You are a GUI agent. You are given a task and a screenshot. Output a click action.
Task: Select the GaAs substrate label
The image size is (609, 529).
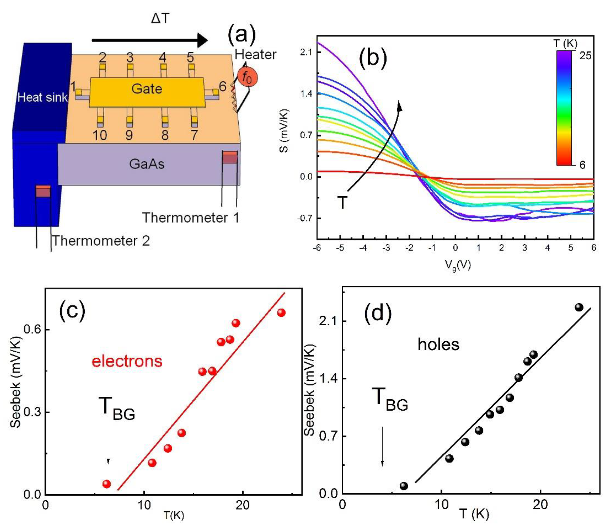pyautogui.click(x=147, y=164)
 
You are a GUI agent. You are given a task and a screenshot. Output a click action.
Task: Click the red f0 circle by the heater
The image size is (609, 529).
pyautogui.click(x=247, y=78)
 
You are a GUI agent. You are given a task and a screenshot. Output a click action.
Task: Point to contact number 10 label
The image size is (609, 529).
pyautogui.click(x=100, y=135)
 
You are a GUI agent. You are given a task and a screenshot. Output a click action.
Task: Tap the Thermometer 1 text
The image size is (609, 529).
pyautogui.click(x=191, y=218)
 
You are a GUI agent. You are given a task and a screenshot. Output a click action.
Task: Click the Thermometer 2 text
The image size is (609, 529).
pyautogui.click(x=101, y=241)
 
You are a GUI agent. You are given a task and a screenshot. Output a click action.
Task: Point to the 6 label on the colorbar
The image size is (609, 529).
pyautogui.click(x=582, y=165)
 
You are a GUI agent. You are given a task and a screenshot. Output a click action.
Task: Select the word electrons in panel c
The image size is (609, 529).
pyautogui.click(x=127, y=361)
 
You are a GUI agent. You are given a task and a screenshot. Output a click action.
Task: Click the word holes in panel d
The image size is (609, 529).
pyautogui.click(x=438, y=344)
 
